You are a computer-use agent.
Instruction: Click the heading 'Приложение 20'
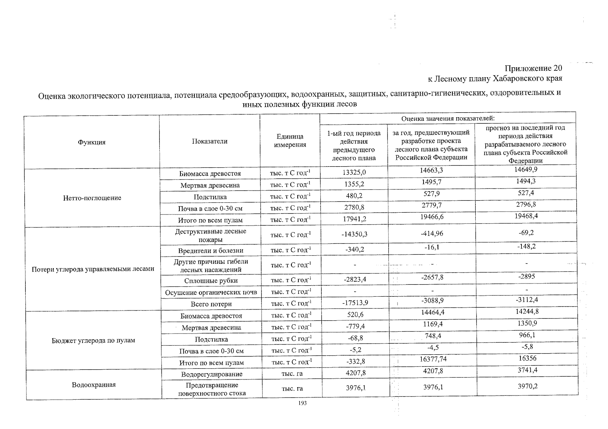533,68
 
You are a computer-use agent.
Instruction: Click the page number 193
302,404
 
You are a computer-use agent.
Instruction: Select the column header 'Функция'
92,142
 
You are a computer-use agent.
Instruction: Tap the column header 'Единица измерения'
290,140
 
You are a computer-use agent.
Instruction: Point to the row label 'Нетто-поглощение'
92,198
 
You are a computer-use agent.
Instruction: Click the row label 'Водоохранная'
94,385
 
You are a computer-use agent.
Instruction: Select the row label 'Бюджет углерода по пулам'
93,340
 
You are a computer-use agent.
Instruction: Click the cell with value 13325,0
354,172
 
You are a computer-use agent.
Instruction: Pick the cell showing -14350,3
354,234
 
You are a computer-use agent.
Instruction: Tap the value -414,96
432,233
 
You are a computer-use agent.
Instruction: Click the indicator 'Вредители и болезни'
211,251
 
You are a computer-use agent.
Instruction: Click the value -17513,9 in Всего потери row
355,303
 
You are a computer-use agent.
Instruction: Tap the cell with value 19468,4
525,216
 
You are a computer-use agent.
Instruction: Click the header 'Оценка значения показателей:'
448,119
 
